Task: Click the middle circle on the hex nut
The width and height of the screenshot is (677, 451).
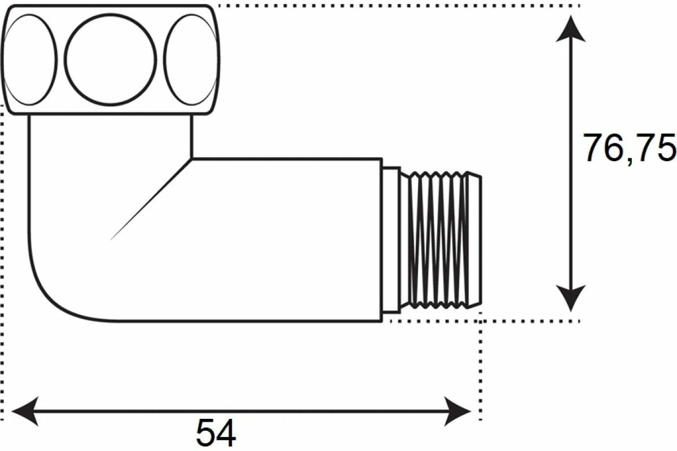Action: pyautogui.click(x=111, y=58)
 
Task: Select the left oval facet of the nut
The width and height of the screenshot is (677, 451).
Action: pyautogui.click(x=30, y=59)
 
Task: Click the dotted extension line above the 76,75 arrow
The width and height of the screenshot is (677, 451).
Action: pyautogui.click(x=395, y=6)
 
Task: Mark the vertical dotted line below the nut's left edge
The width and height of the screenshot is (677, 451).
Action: pyautogui.click(x=4, y=254)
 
